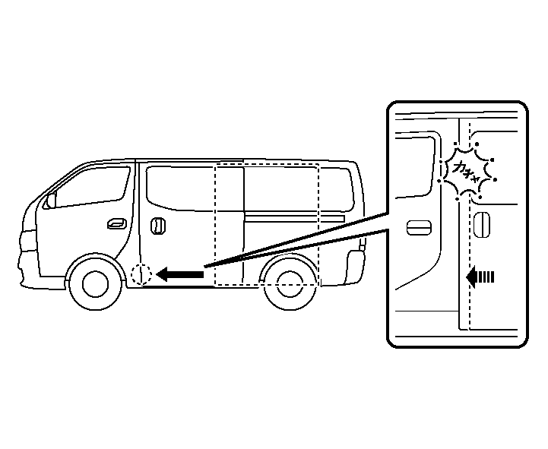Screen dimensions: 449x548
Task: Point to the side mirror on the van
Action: click(x=50, y=201)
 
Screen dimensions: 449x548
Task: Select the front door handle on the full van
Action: click(x=117, y=223)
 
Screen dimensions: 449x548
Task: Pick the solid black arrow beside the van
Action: click(x=180, y=274)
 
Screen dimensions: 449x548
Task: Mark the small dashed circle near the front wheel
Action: click(x=141, y=274)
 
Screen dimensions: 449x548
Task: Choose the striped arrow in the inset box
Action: click(x=480, y=277)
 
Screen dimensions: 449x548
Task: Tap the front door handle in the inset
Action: click(x=420, y=227)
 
